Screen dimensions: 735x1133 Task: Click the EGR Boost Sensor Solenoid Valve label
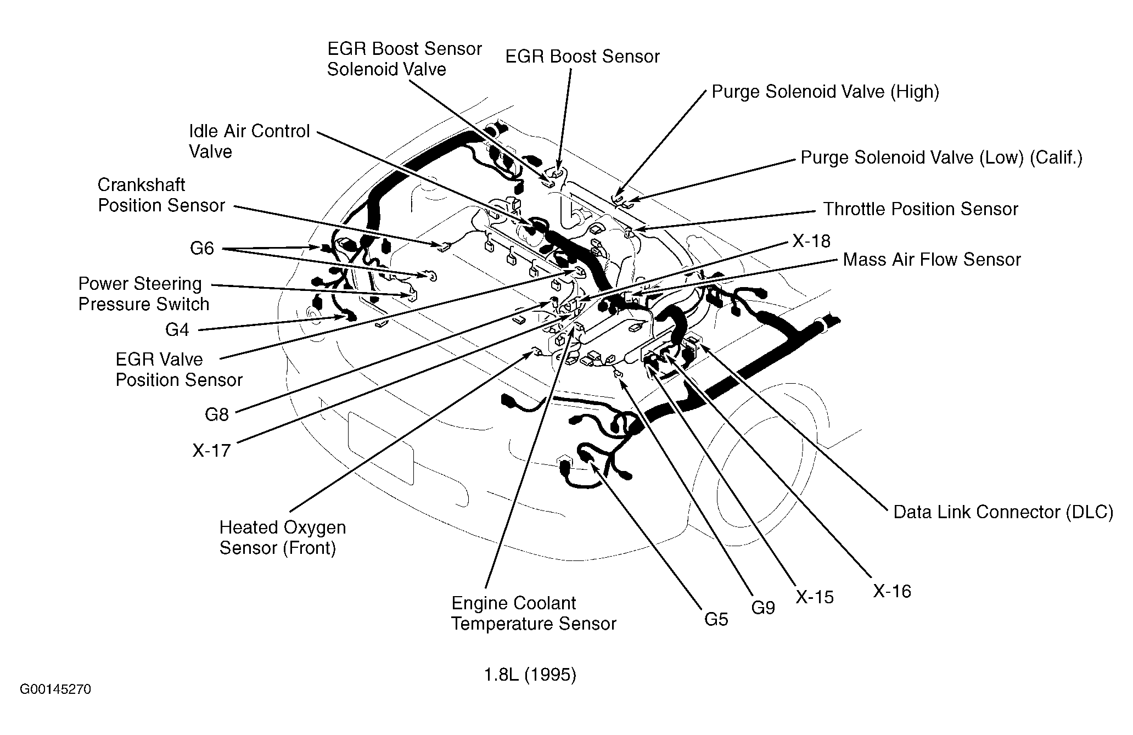404,59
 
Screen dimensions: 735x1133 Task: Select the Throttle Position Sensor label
920,209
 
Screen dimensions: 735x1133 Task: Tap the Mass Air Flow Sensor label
932,260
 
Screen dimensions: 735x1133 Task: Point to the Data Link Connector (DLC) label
1003,512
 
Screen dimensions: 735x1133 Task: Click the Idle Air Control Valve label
249,141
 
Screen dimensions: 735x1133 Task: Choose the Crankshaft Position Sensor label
161,195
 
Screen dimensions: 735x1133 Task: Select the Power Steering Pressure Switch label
144,294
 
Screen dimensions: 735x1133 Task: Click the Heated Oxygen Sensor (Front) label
282,537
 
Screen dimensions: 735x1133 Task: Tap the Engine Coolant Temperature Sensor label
533,613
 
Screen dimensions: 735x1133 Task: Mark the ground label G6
201,249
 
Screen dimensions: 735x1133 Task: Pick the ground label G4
177,329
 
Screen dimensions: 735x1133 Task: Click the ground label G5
716,619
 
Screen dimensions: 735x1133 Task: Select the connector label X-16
892,591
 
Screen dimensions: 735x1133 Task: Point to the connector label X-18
811,241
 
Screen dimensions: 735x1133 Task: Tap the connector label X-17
211,451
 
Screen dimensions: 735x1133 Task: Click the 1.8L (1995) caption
530,675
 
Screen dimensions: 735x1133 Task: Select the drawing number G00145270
55,689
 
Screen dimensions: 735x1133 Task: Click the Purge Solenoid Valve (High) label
825,92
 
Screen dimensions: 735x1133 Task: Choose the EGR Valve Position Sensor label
178,369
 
